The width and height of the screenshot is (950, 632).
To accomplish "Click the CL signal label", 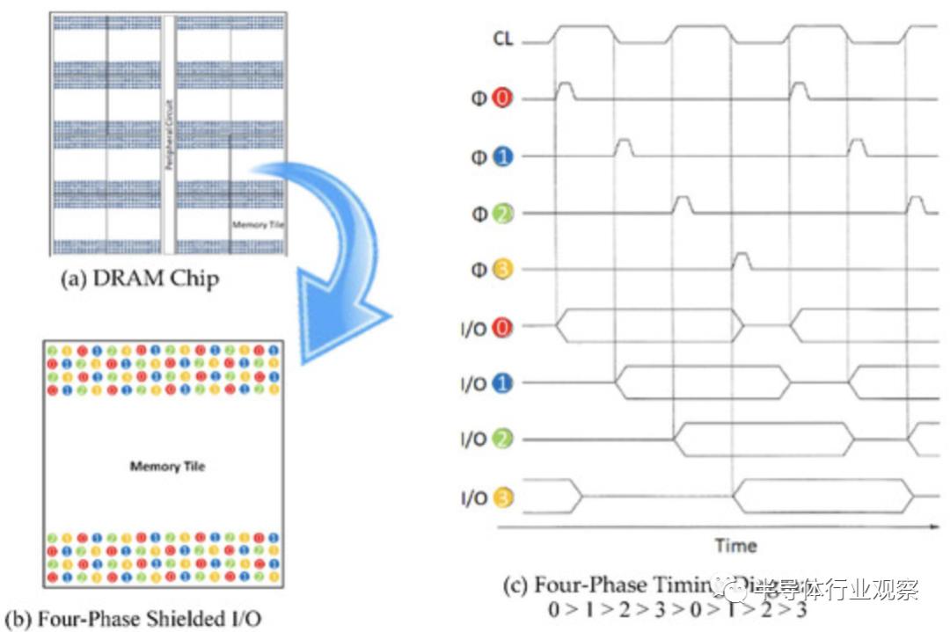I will (x=502, y=40).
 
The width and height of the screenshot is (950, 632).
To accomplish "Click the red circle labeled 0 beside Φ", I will (x=502, y=98).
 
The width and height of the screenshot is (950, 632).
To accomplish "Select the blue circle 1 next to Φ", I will (x=502, y=156).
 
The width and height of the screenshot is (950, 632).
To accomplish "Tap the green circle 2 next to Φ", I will (x=502, y=213).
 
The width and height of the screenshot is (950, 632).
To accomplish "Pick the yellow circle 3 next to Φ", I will (x=502, y=269).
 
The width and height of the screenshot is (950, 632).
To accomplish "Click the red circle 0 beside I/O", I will (x=502, y=327).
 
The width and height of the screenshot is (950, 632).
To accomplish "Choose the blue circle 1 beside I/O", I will (x=502, y=383).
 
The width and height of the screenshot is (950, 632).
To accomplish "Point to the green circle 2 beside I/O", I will (x=502, y=439).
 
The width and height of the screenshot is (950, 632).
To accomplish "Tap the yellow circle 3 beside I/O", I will (x=502, y=498).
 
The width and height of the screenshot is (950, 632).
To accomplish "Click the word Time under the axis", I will (x=735, y=545).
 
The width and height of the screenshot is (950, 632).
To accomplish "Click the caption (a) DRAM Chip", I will (x=139, y=280).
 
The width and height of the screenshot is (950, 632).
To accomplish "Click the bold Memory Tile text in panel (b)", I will (x=167, y=466).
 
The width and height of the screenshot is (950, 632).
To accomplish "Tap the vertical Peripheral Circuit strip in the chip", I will (x=167, y=132).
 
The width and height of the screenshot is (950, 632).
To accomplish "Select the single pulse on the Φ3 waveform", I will (x=742, y=259).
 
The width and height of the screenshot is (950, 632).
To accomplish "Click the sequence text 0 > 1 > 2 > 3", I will (x=677, y=608).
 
